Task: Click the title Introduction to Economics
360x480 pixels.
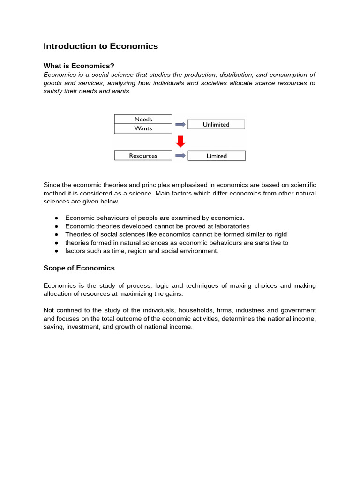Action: pyautogui.click(x=101, y=46)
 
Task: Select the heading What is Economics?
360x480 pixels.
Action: pyautogui.click(x=79, y=66)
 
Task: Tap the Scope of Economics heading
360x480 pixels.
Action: pyautogui.click(x=79, y=268)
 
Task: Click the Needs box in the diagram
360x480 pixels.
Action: pyautogui.click(x=143, y=119)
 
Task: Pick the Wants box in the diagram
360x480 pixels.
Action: pyautogui.click(x=143, y=128)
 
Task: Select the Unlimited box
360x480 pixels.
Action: pyautogui.click(x=216, y=125)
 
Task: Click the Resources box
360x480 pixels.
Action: pyautogui.click(x=143, y=156)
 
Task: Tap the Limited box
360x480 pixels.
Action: pyautogui.click(x=217, y=156)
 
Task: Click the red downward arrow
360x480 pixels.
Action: pyautogui.click(x=180, y=141)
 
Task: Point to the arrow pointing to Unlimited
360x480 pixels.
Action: pyautogui.click(x=180, y=124)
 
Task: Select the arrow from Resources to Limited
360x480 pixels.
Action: pyautogui.click(x=180, y=156)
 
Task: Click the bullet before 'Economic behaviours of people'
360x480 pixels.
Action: pyautogui.click(x=56, y=218)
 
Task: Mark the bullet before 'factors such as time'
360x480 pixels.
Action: pyautogui.click(x=56, y=251)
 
